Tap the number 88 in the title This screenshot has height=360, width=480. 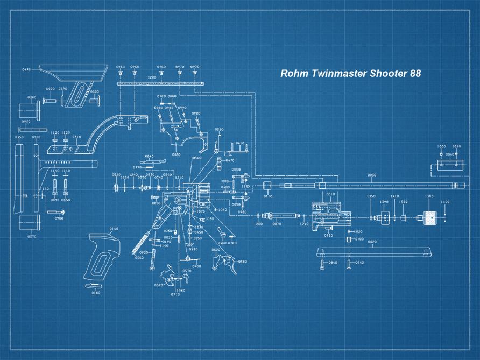[x=414, y=74]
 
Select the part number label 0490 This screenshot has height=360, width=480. [x=26, y=70]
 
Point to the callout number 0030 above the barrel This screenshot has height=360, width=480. [x=372, y=175]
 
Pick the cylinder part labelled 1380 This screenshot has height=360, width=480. [x=429, y=218]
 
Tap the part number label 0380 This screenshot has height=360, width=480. [x=242, y=262]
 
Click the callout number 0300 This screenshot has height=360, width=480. [x=197, y=158]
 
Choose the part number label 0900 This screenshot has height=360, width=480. [x=59, y=218]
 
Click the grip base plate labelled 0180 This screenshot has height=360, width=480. [x=96, y=285]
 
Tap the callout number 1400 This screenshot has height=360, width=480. [x=445, y=202]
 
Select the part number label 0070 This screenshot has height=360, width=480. [x=277, y=224]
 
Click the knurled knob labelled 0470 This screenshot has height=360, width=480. [x=219, y=161]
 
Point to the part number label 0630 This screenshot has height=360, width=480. [x=176, y=154]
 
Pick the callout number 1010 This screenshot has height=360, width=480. [x=456, y=146]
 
